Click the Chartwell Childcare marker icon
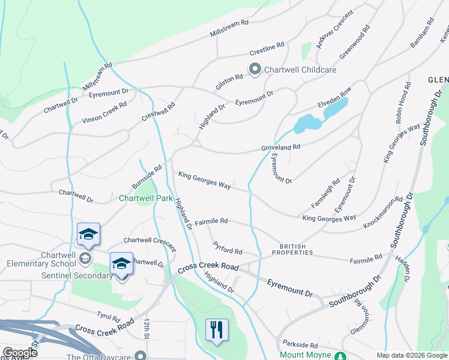pos(254,70)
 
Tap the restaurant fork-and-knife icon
pos(217,329)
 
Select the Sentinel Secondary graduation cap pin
pos(121,264)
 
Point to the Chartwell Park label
pos(146,198)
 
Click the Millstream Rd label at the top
pos(229,29)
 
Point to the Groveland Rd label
pos(280,146)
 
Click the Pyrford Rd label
pos(228,248)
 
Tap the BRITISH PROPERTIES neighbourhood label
pos(292,250)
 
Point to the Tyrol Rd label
pos(109,316)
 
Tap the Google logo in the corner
pos(19,353)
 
